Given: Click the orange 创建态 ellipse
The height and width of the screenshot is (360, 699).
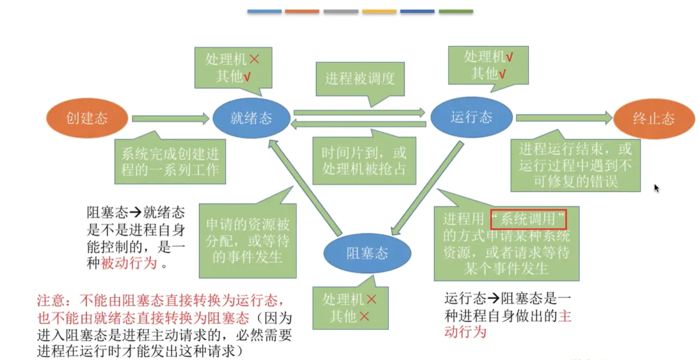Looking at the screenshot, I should (87, 118).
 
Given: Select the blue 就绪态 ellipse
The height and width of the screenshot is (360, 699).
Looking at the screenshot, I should (251, 118).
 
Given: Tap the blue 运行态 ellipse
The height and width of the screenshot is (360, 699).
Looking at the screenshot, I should (471, 117).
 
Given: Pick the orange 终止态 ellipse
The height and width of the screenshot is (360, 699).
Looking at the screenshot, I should (653, 118).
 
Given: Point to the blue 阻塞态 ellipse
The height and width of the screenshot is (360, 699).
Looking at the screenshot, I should (367, 253).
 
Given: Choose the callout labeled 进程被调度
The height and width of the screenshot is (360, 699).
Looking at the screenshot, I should (360, 78).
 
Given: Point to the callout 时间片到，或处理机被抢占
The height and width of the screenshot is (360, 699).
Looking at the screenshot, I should (364, 161).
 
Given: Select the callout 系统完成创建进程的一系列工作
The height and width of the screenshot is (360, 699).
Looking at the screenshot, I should (170, 161).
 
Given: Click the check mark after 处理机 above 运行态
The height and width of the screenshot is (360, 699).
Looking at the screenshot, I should (509, 57).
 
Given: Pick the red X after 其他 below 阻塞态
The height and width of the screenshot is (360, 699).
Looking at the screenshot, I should (364, 316).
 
